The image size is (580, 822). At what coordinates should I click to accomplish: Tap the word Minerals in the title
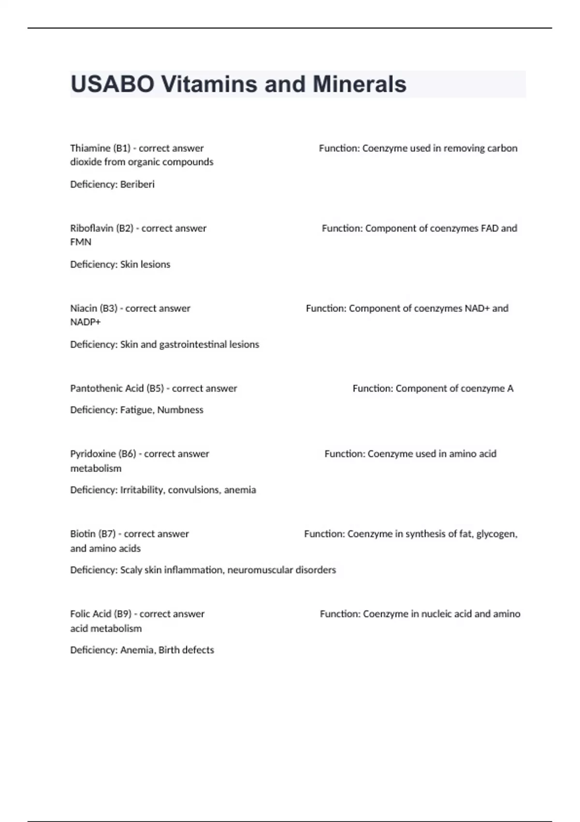tap(359, 84)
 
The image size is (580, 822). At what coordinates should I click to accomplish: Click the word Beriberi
tap(137, 184)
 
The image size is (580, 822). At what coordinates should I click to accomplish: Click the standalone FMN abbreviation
tap(81, 242)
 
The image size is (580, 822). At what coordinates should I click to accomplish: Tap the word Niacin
tap(83, 308)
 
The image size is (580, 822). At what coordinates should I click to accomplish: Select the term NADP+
tap(86, 322)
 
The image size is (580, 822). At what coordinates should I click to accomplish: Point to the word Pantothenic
tap(96, 388)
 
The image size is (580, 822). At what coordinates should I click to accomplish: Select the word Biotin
tap(83, 534)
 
